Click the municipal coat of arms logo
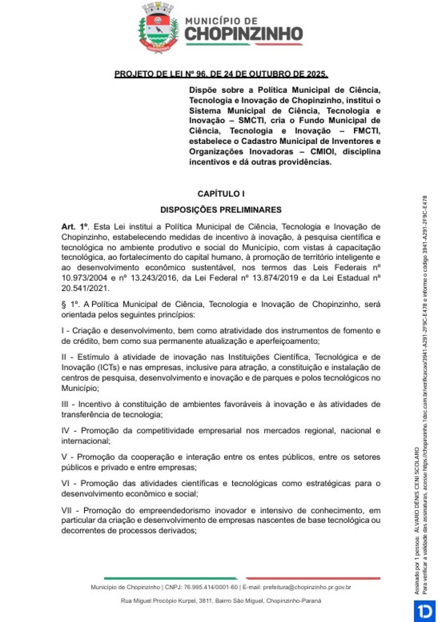click(x=158, y=28)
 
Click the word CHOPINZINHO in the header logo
click(x=244, y=34)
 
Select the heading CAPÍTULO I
click(x=221, y=194)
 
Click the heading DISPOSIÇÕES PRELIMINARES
click(x=221, y=210)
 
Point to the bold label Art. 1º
click(x=75, y=227)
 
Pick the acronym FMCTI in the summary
click(x=366, y=131)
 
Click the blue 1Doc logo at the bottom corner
click(x=425, y=611)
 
